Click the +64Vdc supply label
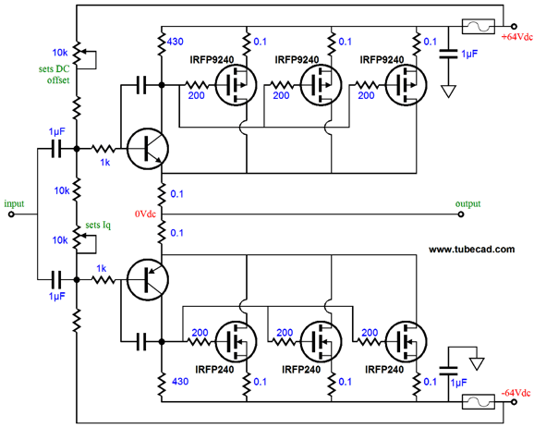pos(517,37)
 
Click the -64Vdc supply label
pos(516,393)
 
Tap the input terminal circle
pos(11,214)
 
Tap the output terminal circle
pos(461,214)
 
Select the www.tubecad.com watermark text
pos(472,250)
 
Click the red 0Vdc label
pos(145,214)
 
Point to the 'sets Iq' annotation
pos(98,226)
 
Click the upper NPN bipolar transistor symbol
pos(148,149)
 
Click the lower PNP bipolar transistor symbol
pos(148,280)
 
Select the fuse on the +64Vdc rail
pos(479,26)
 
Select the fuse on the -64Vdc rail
pos(479,402)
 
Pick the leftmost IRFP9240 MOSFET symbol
pos(236,85)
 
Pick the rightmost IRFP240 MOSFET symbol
pos(407,341)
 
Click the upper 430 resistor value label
pos(176,42)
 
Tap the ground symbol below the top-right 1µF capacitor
pos(448,92)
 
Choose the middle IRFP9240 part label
pos(297,60)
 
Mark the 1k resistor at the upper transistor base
pos(103,149)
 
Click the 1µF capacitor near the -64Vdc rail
pos(448,371)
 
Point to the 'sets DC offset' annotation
pos(55,75)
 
